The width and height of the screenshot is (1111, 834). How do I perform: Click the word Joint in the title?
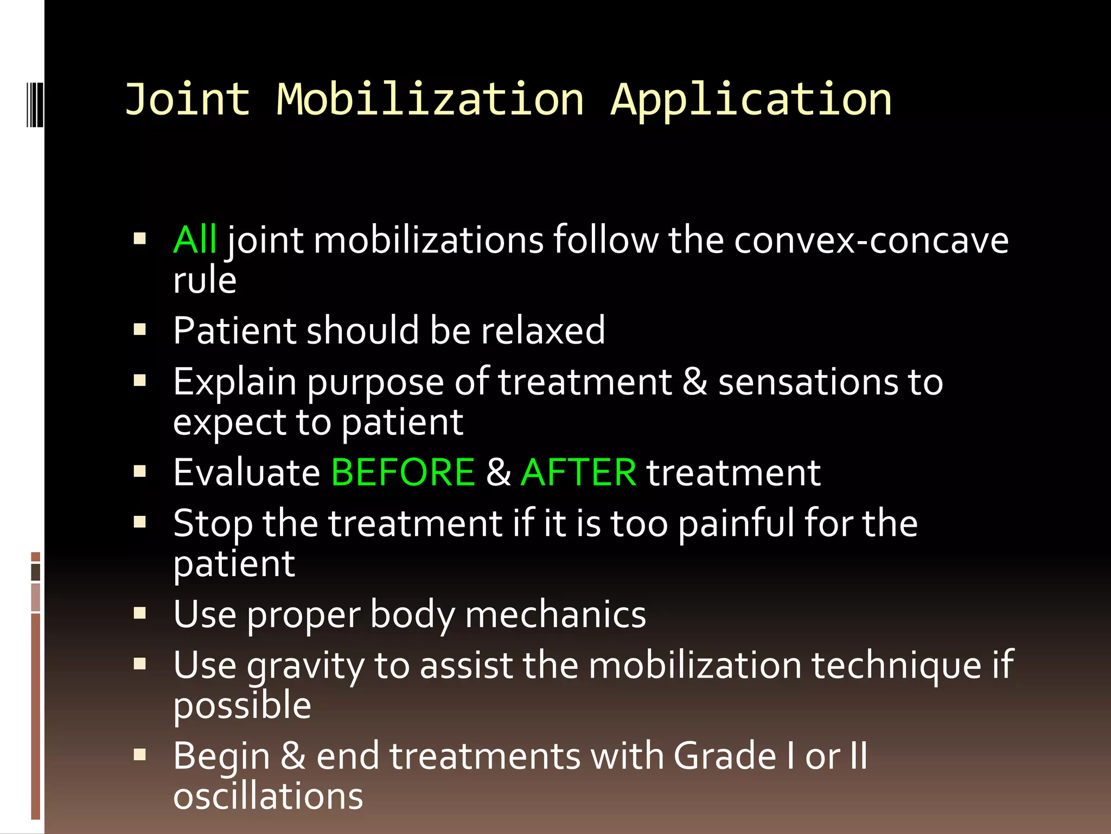point(187,100)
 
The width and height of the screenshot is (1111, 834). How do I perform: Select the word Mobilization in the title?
point(430,100)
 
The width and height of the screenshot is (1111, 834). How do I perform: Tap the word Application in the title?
point(751,101)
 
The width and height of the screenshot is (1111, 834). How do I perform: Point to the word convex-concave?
point(871,241)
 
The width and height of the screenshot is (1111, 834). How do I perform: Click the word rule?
point(205,280)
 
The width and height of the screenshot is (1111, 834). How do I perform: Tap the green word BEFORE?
point(403,472)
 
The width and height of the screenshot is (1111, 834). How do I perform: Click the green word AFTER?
point(578,472)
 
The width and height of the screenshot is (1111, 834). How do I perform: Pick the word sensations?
point(808,382)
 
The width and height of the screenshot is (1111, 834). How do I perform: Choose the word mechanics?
point(555,615)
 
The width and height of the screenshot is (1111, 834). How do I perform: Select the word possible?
point(242,706)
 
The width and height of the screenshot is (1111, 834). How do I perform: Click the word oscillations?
point(268,797)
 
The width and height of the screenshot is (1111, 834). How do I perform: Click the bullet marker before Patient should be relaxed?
point(140,330)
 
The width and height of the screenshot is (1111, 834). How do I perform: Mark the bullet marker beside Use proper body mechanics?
point(140,614)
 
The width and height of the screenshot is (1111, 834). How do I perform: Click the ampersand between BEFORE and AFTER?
point(498,472)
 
